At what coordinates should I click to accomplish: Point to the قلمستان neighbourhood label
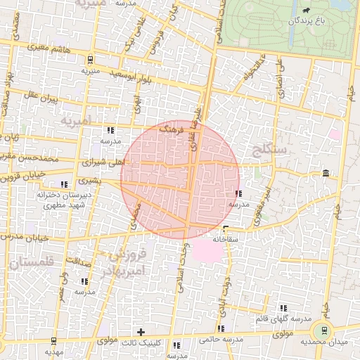(x=32, y=264)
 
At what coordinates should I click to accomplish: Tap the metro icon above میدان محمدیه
(x=323, y=330)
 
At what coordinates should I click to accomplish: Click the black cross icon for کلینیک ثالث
(x=141, y=331)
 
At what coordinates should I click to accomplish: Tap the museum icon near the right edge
(x=325, y=173)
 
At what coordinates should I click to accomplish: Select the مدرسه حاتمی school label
(x=221, y=340)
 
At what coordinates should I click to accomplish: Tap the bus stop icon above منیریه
(x=89, y=59)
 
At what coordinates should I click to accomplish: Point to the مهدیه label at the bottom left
(x=53, y=351)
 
